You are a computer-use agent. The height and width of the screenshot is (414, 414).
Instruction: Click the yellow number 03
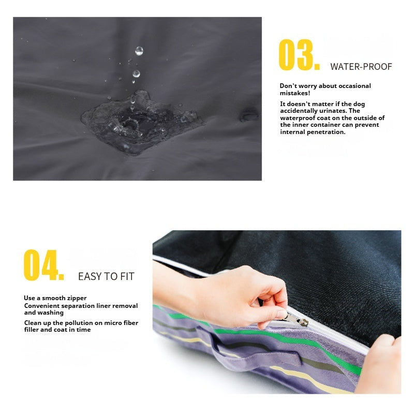click(x=299, y=55)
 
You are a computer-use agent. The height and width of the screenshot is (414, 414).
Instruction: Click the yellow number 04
click(x=43, y=265)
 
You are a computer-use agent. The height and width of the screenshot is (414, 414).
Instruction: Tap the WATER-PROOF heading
click(x=361, y=67)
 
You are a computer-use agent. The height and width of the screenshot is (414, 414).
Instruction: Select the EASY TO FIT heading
click(x=106, y=276)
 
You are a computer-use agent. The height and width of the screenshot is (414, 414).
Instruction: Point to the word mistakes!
click(x=295, y=93)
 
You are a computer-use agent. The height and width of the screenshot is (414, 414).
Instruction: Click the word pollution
click(x=81, y=323)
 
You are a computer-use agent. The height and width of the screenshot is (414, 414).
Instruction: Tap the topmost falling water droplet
click(x=139, y=51)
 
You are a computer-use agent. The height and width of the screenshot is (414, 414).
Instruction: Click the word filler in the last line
click(x=32, y=330)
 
